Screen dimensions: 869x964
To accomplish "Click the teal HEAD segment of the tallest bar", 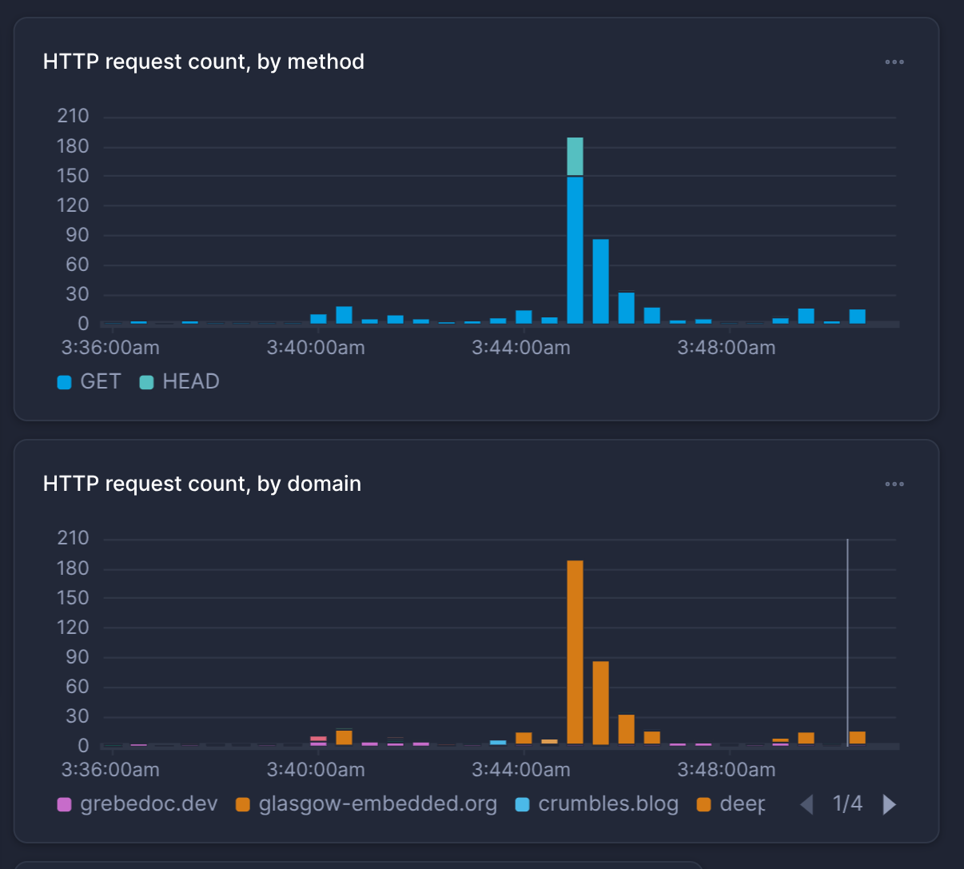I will (x=575, y=156).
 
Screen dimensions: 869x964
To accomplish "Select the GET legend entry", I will (x=90, y=382).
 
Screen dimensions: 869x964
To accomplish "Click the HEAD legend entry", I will (x=180, y=382).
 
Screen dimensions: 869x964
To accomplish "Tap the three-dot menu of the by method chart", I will (x=894, y=62).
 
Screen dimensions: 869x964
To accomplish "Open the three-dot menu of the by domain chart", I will (x=894, y=484).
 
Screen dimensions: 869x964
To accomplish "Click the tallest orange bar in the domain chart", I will (x=575, y=652).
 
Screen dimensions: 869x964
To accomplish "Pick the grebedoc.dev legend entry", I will (x=137, y=804).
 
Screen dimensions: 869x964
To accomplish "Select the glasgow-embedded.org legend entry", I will (x=367, y=804).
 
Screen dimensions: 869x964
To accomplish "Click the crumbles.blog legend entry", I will (x=597, y=804).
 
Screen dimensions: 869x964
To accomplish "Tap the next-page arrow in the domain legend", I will (x=889, y=804).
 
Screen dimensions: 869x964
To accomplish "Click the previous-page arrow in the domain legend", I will (x=807, y=804).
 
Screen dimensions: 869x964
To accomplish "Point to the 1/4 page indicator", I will (x=847, y=804).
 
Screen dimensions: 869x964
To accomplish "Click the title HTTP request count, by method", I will (x=204, y=62).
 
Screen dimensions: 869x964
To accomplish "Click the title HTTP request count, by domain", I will (x=202, y=484).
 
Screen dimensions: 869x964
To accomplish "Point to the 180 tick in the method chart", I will (x=73, y=146).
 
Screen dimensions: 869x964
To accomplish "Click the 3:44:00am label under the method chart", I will (x=521, y=348).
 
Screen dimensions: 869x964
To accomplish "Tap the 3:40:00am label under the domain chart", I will (x=316, y=770).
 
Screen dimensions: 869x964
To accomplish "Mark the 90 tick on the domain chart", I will (x=73, y=657).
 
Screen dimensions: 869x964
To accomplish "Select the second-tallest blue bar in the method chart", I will (x=600, y=281).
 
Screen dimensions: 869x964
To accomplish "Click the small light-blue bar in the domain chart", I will (x=498, y=743).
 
